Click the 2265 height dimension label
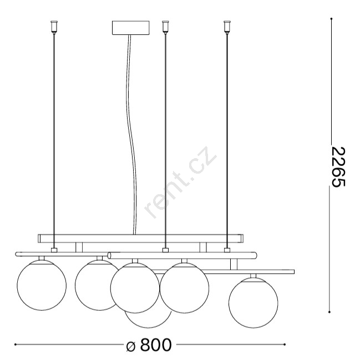338,166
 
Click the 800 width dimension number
156,345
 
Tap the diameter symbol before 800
131,346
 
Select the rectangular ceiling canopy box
131,28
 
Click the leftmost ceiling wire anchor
54,27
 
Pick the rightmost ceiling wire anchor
227,27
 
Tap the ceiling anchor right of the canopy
165,27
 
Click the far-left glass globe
42,285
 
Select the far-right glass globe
253,303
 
